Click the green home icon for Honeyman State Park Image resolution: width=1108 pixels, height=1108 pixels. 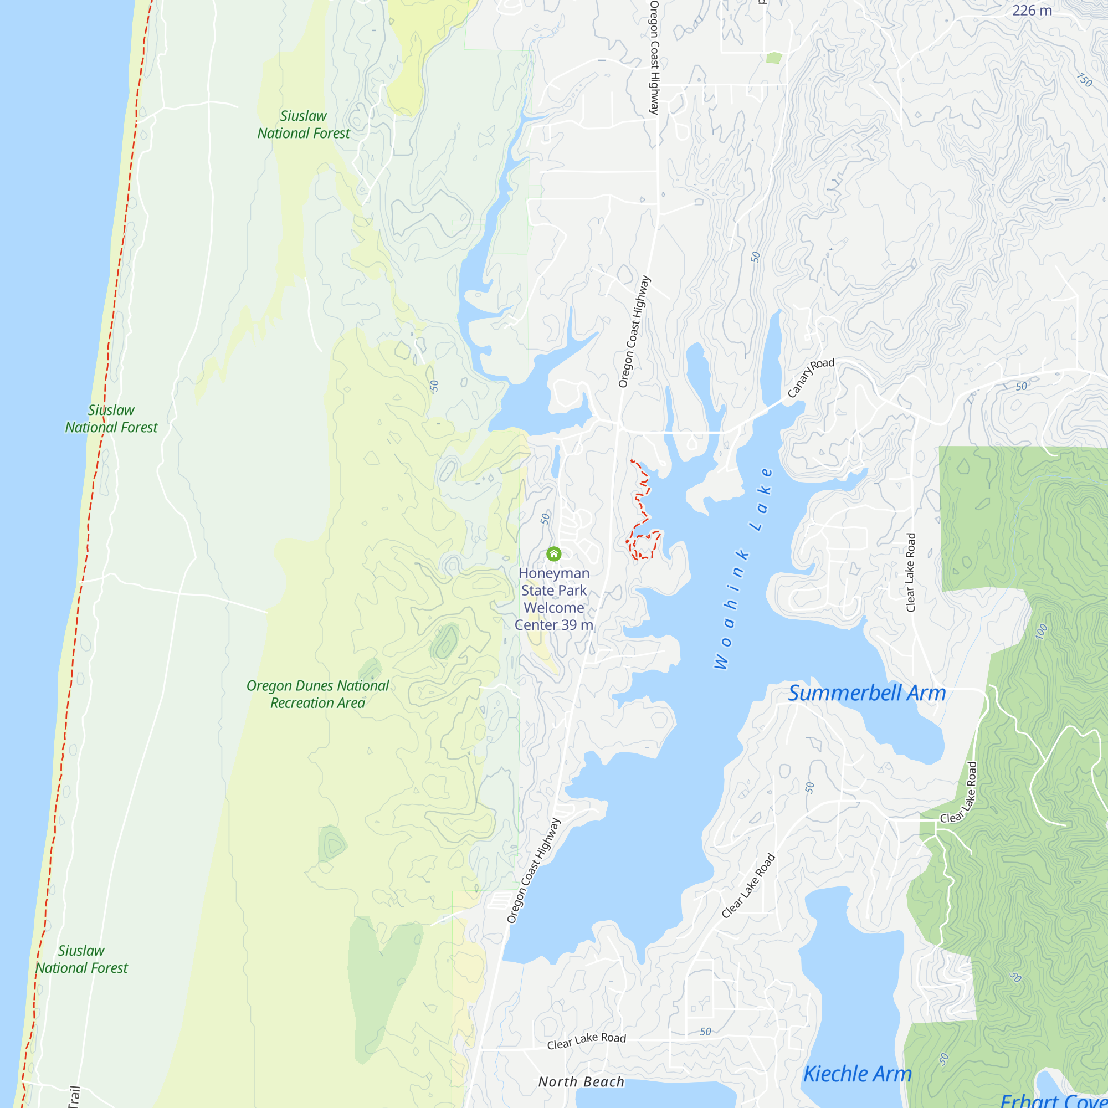pyautogui.click(x=553, y=553)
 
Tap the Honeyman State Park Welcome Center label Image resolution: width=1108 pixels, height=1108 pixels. pyautogui.click(x=553, y=599)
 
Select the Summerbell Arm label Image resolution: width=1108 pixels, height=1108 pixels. pyautogui.click(x=866, y=694)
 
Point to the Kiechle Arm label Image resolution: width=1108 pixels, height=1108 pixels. pyautogui.click(x=857, y=1074)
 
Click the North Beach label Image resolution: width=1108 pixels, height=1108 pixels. pyautogui.click(x=581, y=1081)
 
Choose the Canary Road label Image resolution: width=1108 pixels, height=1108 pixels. pyautogui.click(x=811, y=377)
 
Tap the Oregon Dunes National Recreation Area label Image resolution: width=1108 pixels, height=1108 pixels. pyautogui.click(x=317, y=694)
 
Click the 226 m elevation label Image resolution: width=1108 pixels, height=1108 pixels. pyautogui.click(x=1032, y=11)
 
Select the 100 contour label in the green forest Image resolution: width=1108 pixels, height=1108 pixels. pyautogui.click(x=1042, y=632)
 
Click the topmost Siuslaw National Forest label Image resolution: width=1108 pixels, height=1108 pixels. pyautogui.click(x=304, y=125)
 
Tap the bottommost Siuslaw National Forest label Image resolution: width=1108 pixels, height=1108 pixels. pyautogui.click(x=81, y=960)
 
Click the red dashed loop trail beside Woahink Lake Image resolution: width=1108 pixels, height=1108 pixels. pyautogui.click(x=643, y=545)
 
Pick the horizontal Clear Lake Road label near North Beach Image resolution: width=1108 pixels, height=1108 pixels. pyautogui.click(x=586, y=1041)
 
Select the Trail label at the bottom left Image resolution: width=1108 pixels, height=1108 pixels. pyautogui.click(x=74, y=1096)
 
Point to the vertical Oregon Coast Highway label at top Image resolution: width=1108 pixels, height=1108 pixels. pyautogui.click(x=654, y=58)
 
